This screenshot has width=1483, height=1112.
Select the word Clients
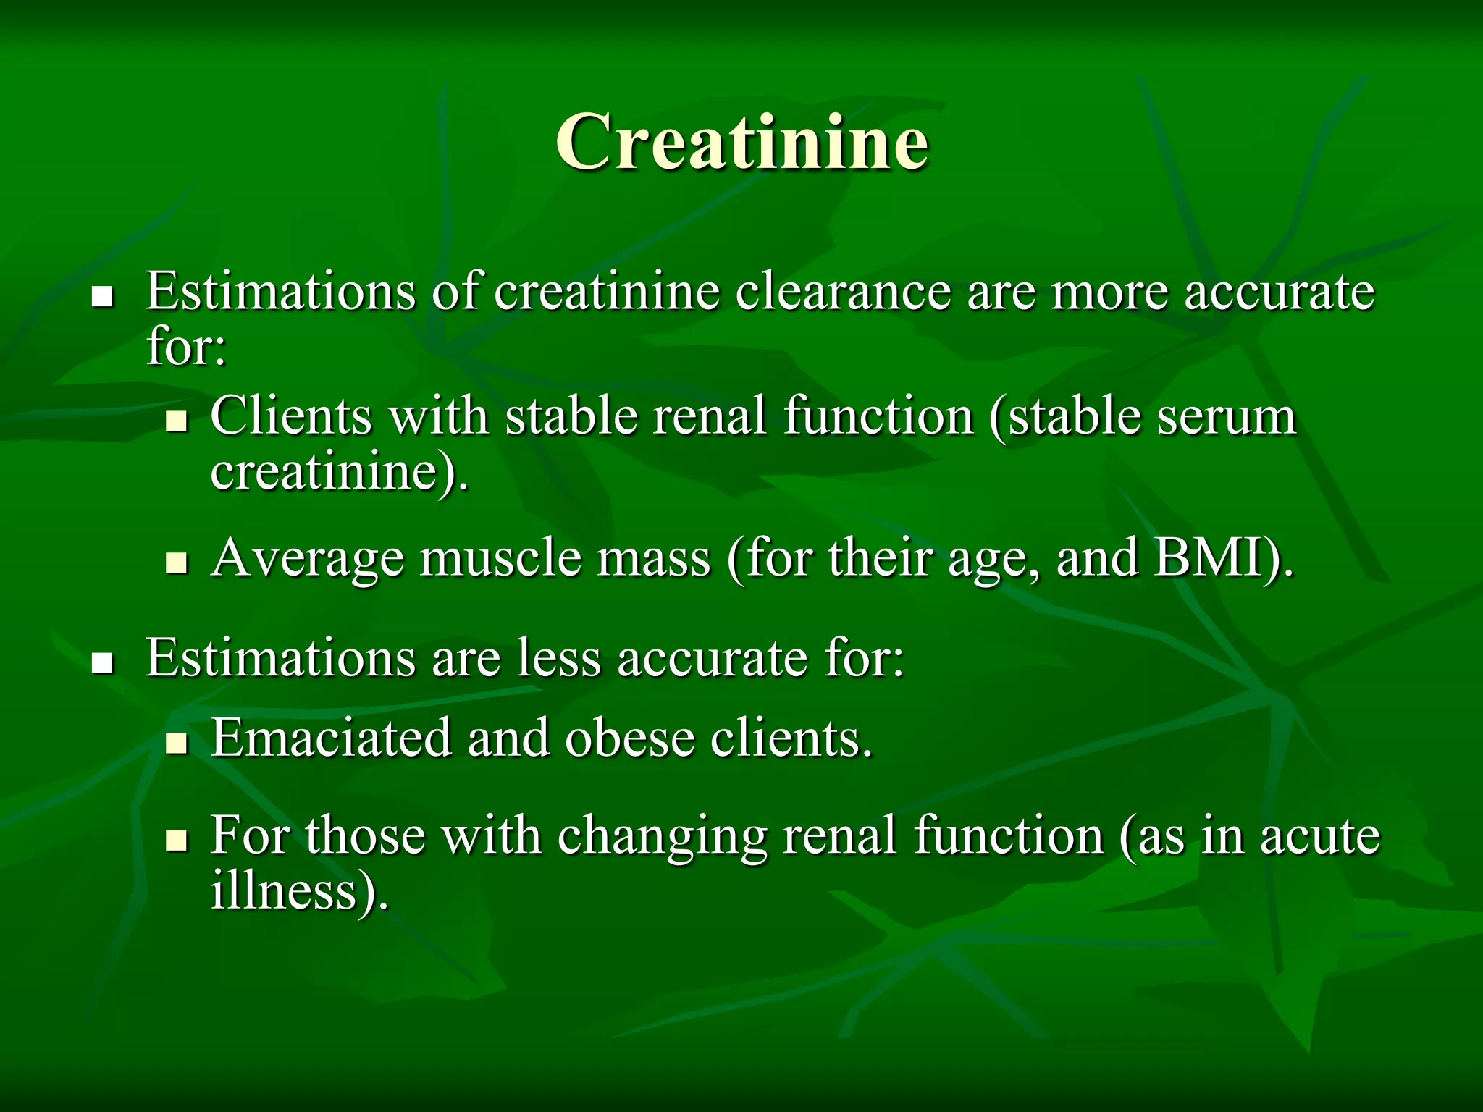pyautogui.click(x=291, y=417)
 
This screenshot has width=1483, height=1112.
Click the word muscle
pyautogui.click(x=501, y=559)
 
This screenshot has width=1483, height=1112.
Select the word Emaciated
pyautogui.click(x=331, y=738)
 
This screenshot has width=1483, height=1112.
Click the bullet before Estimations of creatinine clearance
pyautogui.click(x=103, y=297)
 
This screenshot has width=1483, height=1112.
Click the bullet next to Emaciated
pyautogui.click(x=176, y=743)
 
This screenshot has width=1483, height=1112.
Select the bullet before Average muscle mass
pyautogui.click(x=176, y=563)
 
